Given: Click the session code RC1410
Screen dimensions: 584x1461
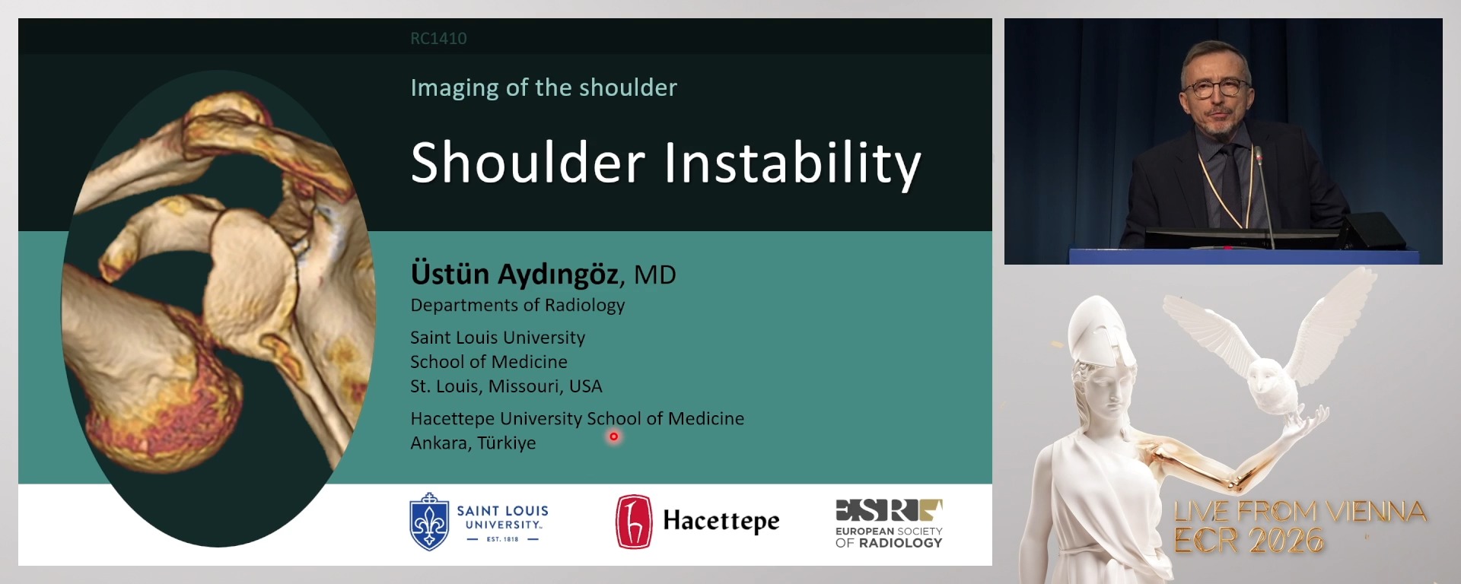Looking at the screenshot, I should click(x=438, y=38).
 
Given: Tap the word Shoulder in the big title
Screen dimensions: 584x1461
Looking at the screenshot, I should click(x=528, y=163).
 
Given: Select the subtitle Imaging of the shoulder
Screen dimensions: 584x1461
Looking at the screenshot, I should click(x=543, y=87).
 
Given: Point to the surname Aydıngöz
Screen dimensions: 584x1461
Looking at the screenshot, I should click(x=559, y=274).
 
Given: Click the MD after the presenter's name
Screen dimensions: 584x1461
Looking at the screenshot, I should click(x=655, y=275).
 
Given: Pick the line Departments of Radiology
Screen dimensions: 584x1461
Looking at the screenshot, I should click(x=517, y=305).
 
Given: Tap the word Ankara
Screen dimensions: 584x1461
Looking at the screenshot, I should click(x=439, y=443).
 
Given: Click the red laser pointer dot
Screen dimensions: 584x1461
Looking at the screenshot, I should click(x=613, y=436).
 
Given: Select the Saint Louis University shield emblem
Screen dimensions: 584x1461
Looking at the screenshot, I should click(x=429, y=521).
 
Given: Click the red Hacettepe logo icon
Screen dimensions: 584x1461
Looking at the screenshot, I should click(x=634, y=522).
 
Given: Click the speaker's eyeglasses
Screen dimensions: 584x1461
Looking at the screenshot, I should click(x=1215, y=87).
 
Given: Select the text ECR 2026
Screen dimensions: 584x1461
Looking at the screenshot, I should click(x=1249, y=541).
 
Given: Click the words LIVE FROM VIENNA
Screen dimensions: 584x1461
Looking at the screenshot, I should click(x=1300, y=511).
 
